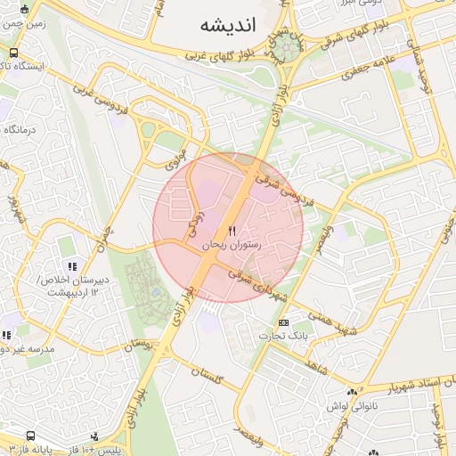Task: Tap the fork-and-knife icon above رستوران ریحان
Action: [232, 231]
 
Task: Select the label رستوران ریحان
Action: [232, 243]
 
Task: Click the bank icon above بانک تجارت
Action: [283, 322]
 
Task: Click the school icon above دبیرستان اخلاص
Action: [72, 265]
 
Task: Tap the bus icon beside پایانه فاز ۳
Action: [32, 436]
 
